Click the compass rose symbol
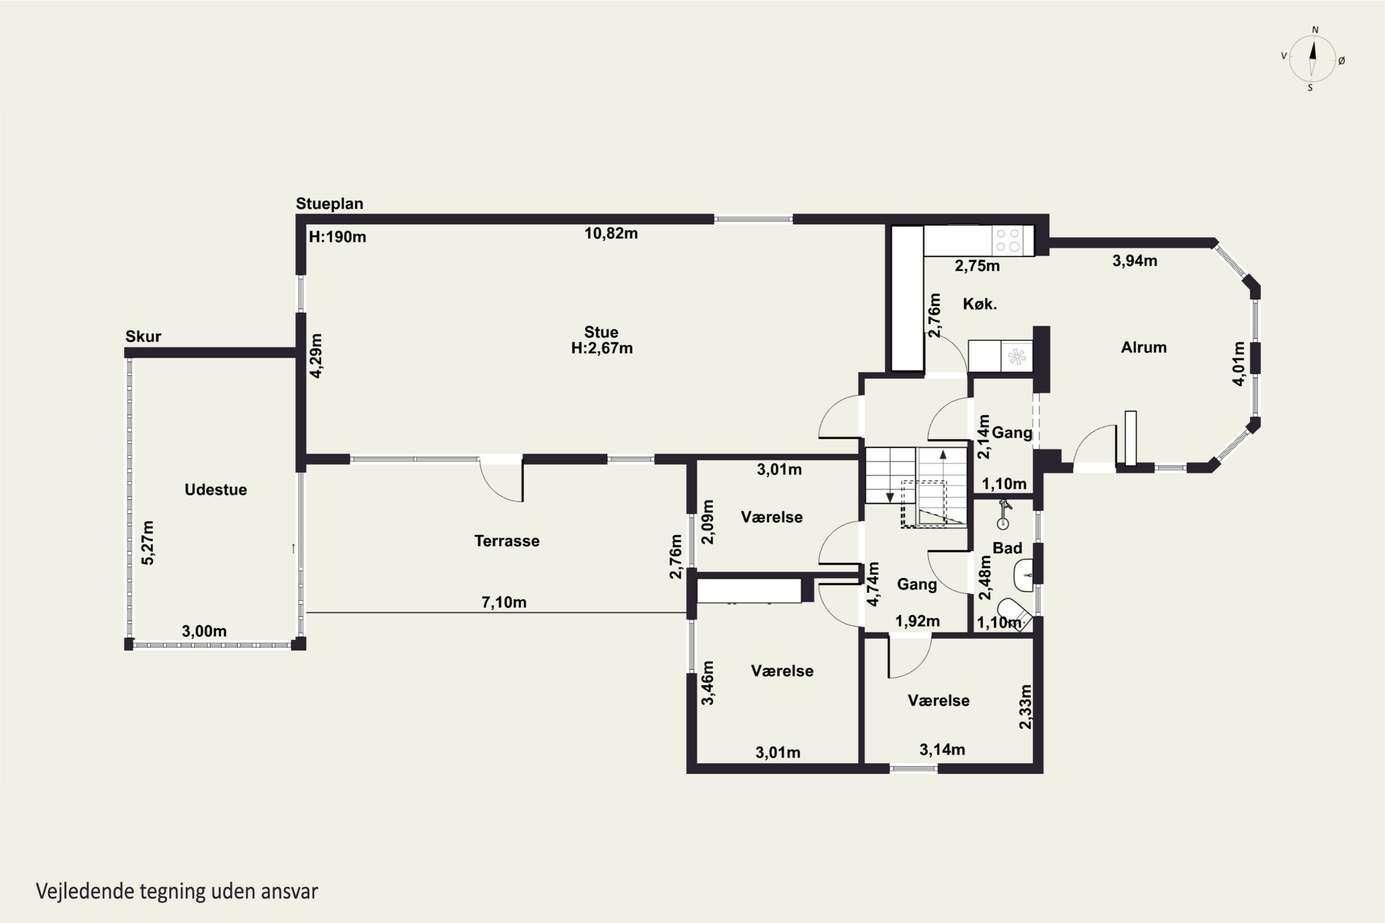(1313, 59)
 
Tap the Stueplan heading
(329, 204)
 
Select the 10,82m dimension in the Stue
(611, 234)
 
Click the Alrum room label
(1144, 348)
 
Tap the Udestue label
(216, 490)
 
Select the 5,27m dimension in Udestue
(147, 543)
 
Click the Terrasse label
(507, 541)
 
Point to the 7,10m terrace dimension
(504, 602)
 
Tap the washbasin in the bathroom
(1024, 575)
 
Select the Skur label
(143, 337)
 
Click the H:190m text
(337, 237)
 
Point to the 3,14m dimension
(942, 750)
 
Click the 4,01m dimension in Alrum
(1239, 364)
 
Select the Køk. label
(980, 304)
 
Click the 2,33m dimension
(1025, 707)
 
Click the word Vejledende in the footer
(85, 891)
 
